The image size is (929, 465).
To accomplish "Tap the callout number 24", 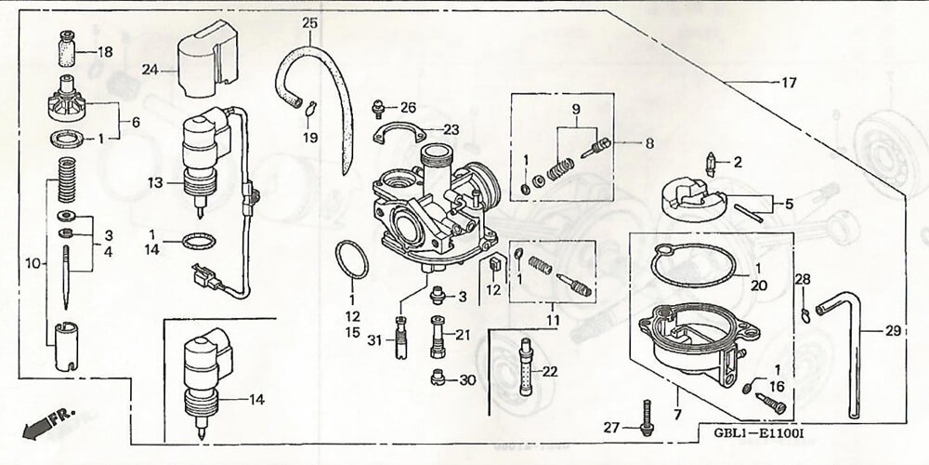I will click(x=150, y=70).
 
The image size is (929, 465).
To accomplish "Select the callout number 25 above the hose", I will click(x=309, y=21).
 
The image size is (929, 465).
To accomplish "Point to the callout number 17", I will click(x=788, y=83).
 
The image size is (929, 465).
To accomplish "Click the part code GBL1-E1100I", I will click(x=753, y=433).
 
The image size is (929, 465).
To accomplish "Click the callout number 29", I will click(x=893, y=331).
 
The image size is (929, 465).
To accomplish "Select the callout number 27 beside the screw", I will click(x=610, y=428).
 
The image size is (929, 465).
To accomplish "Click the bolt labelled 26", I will click(x=379, y=109).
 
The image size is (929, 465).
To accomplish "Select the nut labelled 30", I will click(x=439, y=379).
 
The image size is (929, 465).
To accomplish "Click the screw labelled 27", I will click(x=644, y=418).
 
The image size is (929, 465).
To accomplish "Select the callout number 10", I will click(x=34, y=264).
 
